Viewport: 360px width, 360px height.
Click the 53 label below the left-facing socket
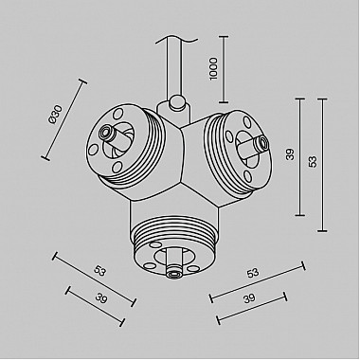(x=99, y=271)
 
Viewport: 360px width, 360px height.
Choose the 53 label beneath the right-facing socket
(x=252, y=274)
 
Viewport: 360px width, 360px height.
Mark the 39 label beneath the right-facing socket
(x=248, y=299)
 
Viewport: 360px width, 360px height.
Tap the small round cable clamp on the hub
(x=176, y=101)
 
